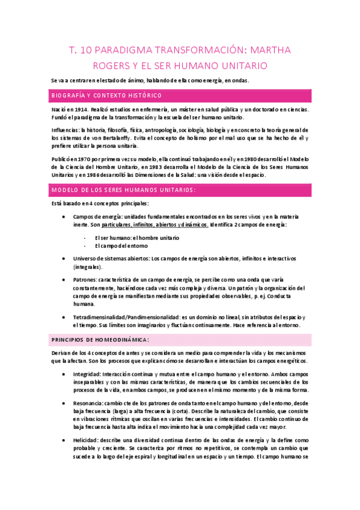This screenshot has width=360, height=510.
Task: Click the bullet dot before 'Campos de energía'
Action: [65, 217]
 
